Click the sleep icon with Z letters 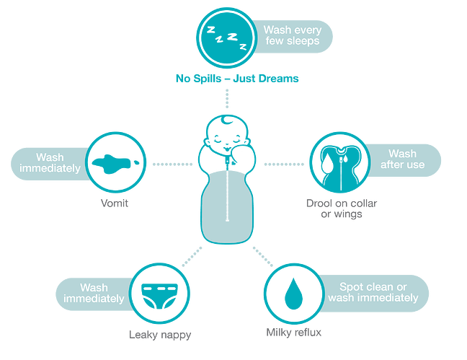click(228, 40)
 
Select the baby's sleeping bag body click(227, 206)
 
